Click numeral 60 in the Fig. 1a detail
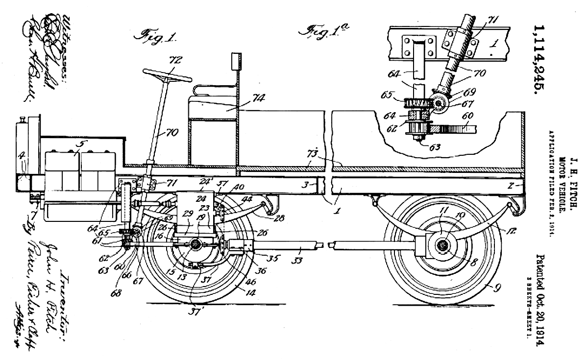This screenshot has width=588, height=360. click(467, 117)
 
